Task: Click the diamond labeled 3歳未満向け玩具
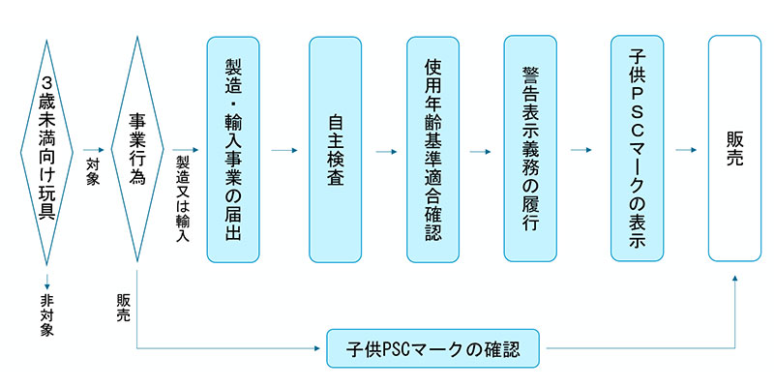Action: tap(46, 151)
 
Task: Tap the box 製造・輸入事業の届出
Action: tap(233, 149)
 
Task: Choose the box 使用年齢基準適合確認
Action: tap(432, 149)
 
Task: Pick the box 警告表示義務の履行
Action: tap(530, 149)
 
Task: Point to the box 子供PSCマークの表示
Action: tap(637, 149)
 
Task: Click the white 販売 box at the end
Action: tap(734, 149)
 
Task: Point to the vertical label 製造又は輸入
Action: tap(182, 198)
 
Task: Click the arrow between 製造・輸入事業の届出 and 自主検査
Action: tap(284, 151)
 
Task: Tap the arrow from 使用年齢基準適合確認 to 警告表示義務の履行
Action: tap(481, 151)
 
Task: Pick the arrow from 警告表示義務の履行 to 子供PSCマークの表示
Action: tap(581, 151)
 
